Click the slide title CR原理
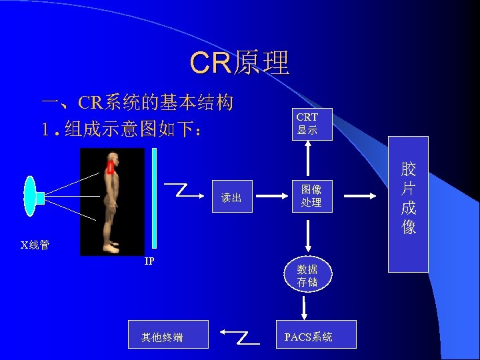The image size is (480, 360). tap(239, 63)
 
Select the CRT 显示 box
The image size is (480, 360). tap(307, 124)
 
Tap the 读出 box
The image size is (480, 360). tap(231, 197)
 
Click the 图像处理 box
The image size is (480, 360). tap(311, 196)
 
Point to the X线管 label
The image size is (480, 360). tap(35, 245)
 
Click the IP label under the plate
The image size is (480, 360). tap(150, 261)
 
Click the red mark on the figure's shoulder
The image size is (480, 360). tap(110, 168)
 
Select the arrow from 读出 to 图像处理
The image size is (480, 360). tap(272, 197)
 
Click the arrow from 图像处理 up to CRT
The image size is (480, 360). tap(307, 160)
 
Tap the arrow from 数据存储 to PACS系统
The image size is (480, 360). tap(305, 307)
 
